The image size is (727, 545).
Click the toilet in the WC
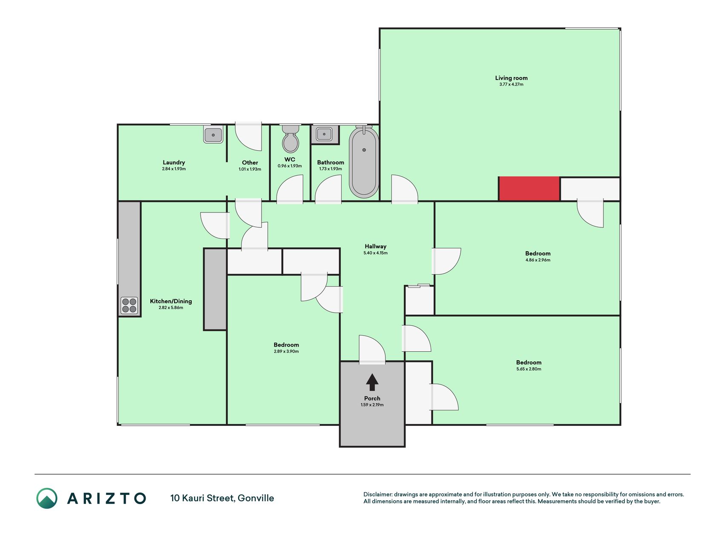pyautogui.click(x=290, y=139)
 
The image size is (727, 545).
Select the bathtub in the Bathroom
pyautogui.click(x=364, y=162)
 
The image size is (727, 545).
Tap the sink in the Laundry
pyautogui.click(x=213, y=135)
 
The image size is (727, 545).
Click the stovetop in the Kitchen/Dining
pyautogui.click(x=129, y=305)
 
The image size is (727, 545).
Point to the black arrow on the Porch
pyautogui.click(x=372, y=382)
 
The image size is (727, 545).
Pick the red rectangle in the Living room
pyautogui.click(x=529, y=189)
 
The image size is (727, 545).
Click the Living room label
pyautogui.click(x=511, y=78)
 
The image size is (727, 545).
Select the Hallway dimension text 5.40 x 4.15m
pyautogui.click(x=375, y=253)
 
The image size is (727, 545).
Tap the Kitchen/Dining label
pyautogui.click(x=171, y=301)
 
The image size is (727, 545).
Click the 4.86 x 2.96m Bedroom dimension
pyautogui.click(x=538, y=260)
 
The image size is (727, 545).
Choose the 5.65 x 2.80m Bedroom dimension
pyautogui.click(x=529, y=369)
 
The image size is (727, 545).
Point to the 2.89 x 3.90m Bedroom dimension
pyautogui.click(x=286, y=351)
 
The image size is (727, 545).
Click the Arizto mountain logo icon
pyautogui.click(x=47, y=498)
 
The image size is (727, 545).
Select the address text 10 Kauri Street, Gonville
pyautogui.click(x=222, y=498)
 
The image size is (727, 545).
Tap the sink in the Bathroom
pyautogui.click(x=324, y=135)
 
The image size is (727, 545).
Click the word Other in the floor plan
pyautogui.click(x=250, y=162)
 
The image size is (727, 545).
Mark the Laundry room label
pyautogui.click(x=174, y=162)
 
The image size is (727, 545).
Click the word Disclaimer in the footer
pyautogui.click(x=377, y=494)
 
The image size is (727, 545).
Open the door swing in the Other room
pyautogui.click(x=249, y=137)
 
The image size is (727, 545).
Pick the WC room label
pyautogui.click(x=290, y=159)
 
